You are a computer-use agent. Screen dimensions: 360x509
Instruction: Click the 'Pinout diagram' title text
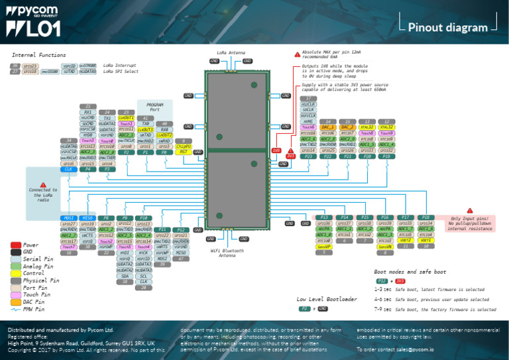tap(448, 27)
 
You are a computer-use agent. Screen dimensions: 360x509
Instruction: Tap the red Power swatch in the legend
tap(16, 245)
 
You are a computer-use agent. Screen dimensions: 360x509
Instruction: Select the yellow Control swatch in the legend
tap(16, 273)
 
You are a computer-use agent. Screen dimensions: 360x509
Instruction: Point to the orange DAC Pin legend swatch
tap(16, 302)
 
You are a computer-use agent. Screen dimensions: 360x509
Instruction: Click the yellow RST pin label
tap(184, 151)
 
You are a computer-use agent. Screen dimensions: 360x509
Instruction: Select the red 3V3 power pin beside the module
tap(290, 156)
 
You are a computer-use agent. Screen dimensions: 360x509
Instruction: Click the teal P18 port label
tap(427, 217)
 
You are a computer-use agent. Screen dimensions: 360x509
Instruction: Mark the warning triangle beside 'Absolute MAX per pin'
tap(297, 54)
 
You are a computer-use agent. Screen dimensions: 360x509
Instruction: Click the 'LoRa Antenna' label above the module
tap(231, 52)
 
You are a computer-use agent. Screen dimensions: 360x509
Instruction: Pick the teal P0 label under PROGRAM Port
tap(164, 152)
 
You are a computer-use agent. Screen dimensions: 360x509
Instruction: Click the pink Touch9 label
tap(387, 133)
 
